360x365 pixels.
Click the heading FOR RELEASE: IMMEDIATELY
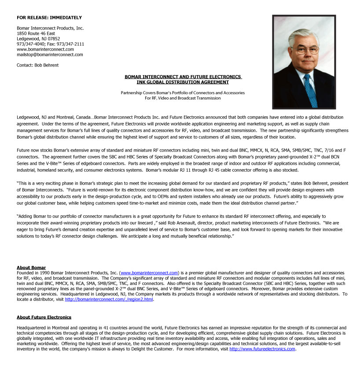49,18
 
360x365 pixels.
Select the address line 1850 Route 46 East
36,33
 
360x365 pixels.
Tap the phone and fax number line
50,44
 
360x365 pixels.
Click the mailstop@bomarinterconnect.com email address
50,55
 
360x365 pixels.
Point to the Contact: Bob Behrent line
37,65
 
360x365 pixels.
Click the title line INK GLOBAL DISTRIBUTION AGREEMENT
183,82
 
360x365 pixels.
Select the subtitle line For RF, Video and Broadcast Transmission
183,98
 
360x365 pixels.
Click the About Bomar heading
31,268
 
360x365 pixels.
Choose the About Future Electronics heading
44,317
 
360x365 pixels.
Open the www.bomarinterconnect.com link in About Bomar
149,273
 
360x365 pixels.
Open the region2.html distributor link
109,299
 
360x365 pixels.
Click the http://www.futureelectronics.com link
262,349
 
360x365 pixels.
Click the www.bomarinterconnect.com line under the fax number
45,49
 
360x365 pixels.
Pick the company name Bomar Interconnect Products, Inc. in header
50,28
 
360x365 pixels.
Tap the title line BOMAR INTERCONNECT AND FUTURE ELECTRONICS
183,77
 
